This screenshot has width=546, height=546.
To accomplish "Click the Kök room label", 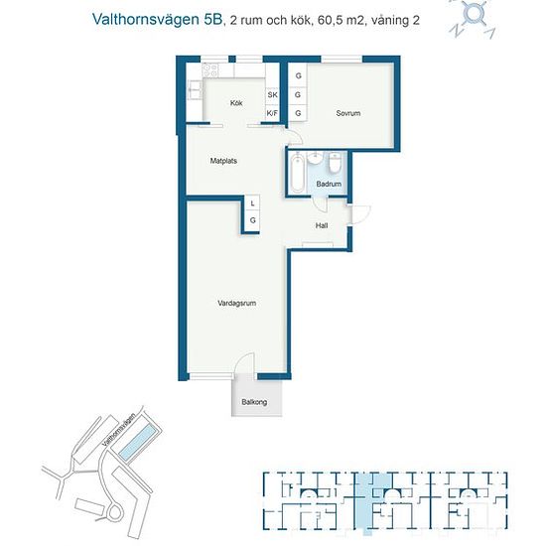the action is pos(236,103).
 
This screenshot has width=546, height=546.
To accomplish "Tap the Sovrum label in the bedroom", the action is pos(348,113).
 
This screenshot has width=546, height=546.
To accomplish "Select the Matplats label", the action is pos(223,161).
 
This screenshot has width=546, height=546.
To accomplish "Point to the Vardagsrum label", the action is pos(237,303).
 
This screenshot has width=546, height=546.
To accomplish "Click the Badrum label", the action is pos(329,184).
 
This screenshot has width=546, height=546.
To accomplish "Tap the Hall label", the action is pos(322,225).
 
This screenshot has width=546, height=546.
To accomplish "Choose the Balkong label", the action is pos(254,402).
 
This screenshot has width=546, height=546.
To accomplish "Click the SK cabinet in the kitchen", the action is pos(272,94).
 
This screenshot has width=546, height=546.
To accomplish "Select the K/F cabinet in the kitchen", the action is pos(272,113).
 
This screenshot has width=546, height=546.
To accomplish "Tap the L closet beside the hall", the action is pos(252,204).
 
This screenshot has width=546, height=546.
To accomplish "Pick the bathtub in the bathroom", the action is pos(297,172).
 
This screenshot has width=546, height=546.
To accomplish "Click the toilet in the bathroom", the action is pos(335,162).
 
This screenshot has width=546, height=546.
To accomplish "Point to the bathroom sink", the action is pos(316,158).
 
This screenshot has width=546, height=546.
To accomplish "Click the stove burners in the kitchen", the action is pos(210,70).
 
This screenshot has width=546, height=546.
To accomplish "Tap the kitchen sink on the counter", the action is pos(195,90).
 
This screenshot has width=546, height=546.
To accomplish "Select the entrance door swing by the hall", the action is pos(360,214).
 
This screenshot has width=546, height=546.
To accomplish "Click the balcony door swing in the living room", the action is pos(244,362).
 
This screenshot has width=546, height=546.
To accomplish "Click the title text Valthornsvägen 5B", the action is pos(158,20).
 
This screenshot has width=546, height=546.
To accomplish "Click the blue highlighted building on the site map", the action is pos(137,441).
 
